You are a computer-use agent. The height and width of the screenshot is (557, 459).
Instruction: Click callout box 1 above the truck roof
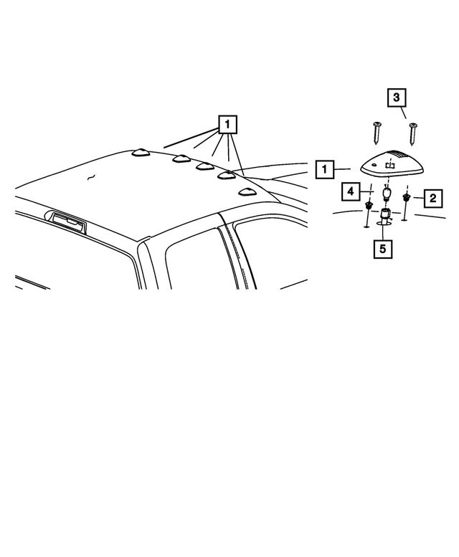227,125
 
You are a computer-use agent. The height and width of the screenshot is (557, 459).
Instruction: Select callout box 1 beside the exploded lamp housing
325,169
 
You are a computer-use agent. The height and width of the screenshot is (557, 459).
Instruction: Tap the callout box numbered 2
432,197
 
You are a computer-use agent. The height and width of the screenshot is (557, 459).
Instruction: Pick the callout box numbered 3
398,96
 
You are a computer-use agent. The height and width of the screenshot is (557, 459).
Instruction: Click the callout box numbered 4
351,192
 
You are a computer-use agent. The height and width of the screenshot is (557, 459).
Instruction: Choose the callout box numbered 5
383,249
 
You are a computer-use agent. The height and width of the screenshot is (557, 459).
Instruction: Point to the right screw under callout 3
413,134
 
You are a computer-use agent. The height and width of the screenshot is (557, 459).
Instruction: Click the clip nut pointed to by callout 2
406,197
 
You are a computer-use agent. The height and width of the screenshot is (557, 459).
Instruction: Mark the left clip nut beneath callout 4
369,206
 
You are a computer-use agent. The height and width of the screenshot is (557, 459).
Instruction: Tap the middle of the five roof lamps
204,167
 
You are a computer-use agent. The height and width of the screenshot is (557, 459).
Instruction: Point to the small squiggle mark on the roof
90,176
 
